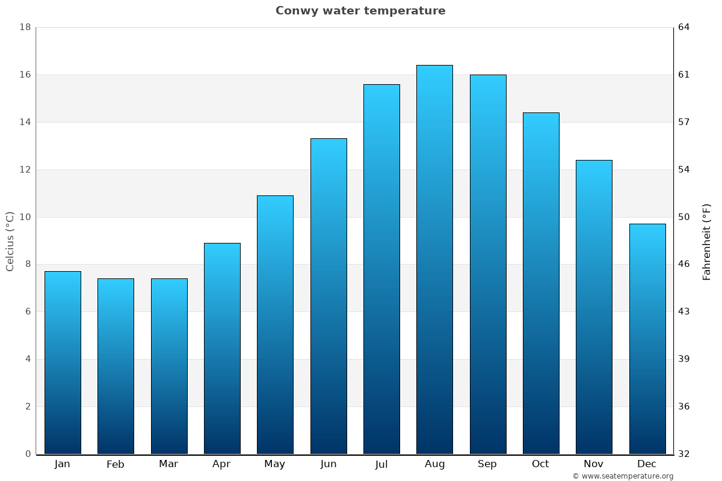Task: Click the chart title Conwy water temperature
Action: [x=360, y=11]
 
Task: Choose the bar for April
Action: [x=222, y=349]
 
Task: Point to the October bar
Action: [x=541, y=283]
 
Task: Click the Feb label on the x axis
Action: [x=116, y=464]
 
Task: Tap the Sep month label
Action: [x=487, y=464]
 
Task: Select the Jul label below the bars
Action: [x=381, y=464]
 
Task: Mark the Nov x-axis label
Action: [x=594, y=464]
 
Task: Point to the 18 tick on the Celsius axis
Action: [x=25, y=27]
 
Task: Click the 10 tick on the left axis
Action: [x=25, y=217]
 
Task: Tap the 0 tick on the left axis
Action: [x=28, y=454]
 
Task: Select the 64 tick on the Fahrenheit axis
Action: [x=684, y=27]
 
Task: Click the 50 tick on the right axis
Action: [x=684, y=217]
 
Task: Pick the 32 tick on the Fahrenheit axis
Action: [x=684, y=454]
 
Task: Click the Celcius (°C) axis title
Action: [x=10, y=241]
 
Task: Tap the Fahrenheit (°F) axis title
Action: [x=707, y=241]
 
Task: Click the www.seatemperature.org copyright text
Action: [x=623, y=476]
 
